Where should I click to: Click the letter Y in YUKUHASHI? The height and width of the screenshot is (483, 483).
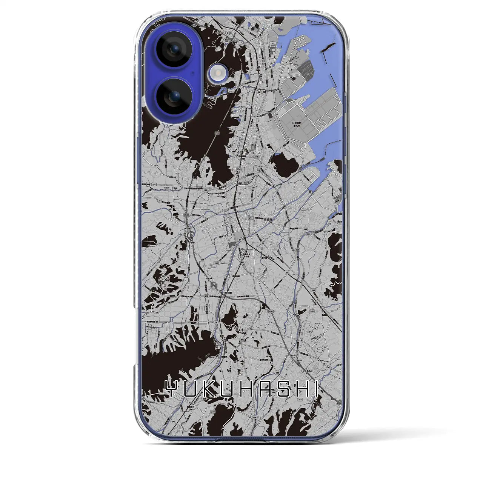pyautogui.click(x=172, y=389)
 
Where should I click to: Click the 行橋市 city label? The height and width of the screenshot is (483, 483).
pyautogui.click(x=267, y=219)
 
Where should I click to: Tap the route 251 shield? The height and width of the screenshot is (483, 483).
pyautogui.click(x=202, y=260)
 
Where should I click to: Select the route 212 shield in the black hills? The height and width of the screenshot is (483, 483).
pyautogui.click(x=217, y=133)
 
